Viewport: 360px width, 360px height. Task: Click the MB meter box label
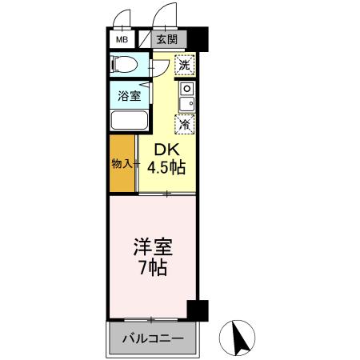[122, 39]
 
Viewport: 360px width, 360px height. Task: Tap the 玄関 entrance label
[166, 39]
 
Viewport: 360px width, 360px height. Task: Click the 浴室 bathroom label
[130, 95]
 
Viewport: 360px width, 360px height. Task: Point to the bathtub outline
[129, 120]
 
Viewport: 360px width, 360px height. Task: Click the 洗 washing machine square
[184, 65]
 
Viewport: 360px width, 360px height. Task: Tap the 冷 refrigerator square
[185, 123]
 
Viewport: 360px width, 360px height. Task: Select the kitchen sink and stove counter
[186, 95]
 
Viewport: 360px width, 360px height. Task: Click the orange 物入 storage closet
[122, 164]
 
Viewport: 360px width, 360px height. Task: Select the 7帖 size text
[151, 268]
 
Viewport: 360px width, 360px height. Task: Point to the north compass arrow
[238, 337]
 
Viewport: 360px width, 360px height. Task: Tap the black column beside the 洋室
[197, 310]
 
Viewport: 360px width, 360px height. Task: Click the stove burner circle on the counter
[186, 87]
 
